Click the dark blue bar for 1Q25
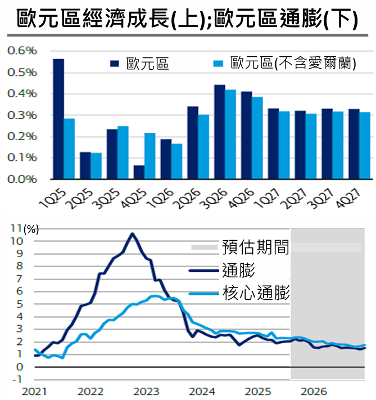(58, 119)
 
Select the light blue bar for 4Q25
(150, 156)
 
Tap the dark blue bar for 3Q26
(220, 132)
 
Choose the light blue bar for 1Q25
(69, 149)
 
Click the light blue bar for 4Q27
(365, 145)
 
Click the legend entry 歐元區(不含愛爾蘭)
(293, 63)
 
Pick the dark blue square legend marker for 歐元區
(115, 64)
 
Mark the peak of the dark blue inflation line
(132, 233)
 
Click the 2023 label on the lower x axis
(146, 390)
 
